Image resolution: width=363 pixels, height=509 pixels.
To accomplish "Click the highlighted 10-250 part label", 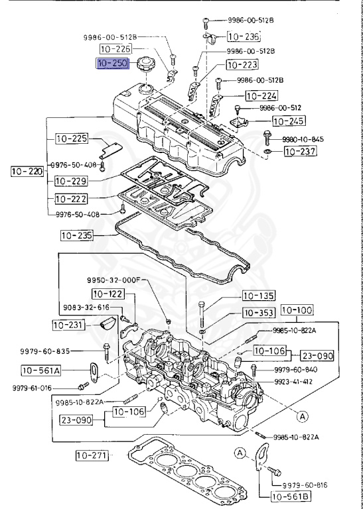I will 113,64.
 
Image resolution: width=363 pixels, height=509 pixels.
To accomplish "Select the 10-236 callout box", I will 244,36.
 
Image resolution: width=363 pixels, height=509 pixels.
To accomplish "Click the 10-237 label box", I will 299,152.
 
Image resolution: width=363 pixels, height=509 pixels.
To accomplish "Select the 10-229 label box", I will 71,180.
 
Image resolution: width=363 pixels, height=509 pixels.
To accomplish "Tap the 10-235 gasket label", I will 77,235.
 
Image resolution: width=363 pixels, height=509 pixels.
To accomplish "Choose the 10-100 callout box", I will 297,310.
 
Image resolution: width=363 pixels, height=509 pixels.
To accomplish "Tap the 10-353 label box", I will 258,313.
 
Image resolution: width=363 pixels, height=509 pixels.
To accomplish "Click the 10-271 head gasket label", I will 91,455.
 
